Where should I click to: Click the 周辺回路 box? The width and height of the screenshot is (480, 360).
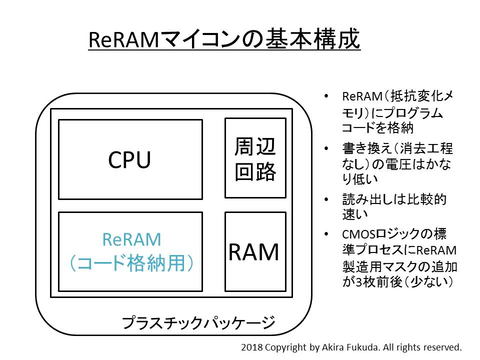(x=248, y=158)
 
